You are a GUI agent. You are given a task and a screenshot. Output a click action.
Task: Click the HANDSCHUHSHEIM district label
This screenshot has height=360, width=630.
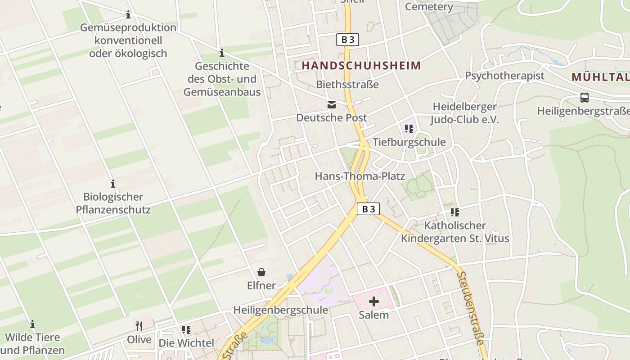[x=361, y=66]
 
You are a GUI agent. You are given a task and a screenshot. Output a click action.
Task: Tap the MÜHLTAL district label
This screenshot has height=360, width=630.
[x=600, y=77]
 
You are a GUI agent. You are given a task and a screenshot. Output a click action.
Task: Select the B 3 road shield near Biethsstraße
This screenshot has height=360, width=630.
[x=348, y=40]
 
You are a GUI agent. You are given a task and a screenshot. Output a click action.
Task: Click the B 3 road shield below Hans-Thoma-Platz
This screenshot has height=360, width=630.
[x=368, y=209]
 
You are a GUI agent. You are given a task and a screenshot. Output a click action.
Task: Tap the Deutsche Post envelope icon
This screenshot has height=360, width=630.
[x=332, y=105]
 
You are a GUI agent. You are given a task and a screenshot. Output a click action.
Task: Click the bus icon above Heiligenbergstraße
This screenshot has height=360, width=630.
[x=584, y=97]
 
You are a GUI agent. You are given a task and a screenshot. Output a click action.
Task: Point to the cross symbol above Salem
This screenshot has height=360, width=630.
[x=373, y=301]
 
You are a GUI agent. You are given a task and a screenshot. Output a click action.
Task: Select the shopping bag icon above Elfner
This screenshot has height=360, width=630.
[x=261, y=272]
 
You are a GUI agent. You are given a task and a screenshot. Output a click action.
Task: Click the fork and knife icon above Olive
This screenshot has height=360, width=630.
[x=139, y=326]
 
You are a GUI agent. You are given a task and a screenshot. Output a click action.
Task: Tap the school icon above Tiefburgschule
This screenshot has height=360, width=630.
[x=409, y=129]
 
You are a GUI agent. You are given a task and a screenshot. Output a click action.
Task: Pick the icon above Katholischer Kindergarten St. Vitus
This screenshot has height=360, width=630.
[x=454, y=212]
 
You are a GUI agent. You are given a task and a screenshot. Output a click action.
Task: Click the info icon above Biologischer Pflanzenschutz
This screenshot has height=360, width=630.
[x=113, y=184]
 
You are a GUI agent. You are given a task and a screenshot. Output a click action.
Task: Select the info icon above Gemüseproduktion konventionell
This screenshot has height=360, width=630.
[x=128, y=15]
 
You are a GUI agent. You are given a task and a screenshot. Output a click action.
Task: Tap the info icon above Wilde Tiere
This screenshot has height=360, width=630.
[x=32, y=324]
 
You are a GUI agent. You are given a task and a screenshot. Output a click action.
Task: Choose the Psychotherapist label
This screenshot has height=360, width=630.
[x=504, y=76]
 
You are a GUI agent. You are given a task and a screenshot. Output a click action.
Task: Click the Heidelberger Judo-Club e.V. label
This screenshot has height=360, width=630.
[x=464, y=113]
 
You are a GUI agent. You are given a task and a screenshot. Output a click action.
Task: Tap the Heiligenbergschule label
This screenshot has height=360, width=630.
[x=280, y=310]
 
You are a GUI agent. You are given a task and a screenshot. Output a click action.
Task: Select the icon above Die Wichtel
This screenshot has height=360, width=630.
[x=186, y=330]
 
